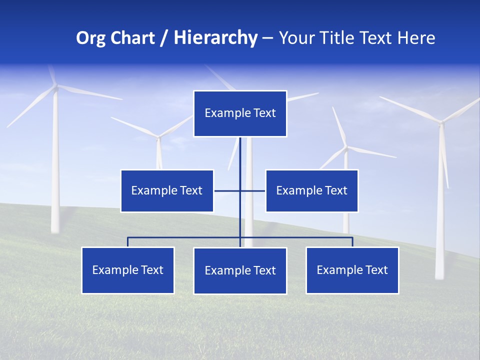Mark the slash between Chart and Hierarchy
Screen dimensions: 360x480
[163, 38]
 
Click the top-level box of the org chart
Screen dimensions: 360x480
[240, 113]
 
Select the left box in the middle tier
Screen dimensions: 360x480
[167, 190]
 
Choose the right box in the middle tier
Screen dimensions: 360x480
[311, 190]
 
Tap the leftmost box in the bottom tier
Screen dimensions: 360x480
[128, 270]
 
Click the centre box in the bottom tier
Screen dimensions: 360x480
[240, 270]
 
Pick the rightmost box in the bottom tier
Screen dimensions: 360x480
[352, 270]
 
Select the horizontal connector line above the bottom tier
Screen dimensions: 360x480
[185, 237]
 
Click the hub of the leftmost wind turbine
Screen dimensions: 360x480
[56, 87]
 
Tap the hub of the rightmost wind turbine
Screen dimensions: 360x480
[441, 121]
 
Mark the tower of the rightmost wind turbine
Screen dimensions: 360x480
[440, 210]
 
